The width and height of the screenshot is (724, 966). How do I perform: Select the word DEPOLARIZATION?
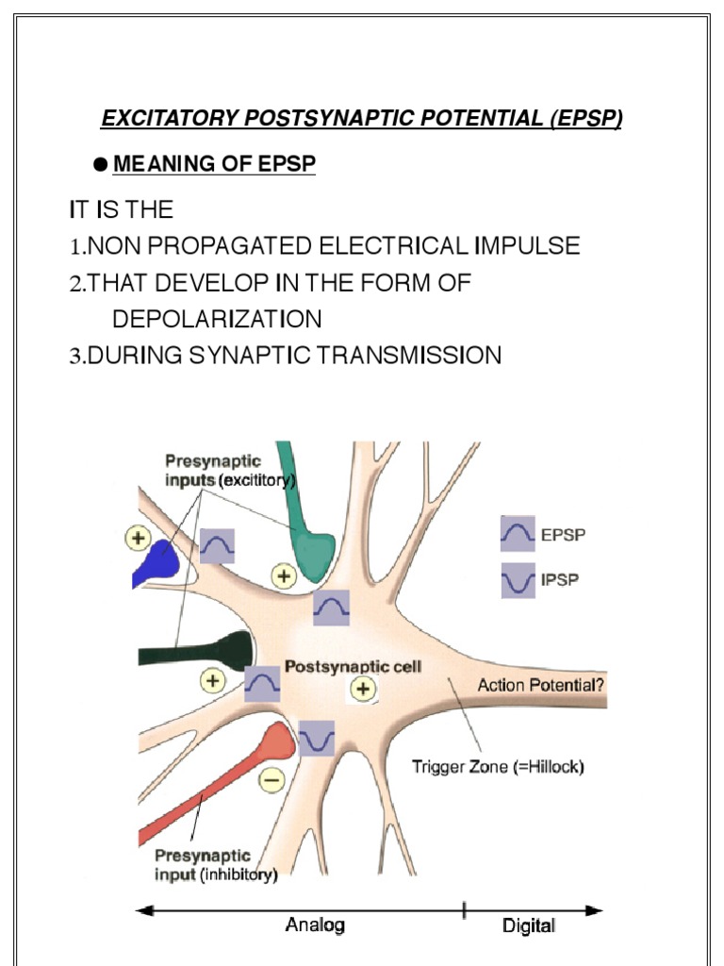click(217, 320)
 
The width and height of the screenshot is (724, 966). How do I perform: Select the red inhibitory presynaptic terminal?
click(277, 745)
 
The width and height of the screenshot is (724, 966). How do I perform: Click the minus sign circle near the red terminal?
click(271, 780)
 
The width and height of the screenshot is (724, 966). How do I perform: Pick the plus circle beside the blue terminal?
click(140, 539)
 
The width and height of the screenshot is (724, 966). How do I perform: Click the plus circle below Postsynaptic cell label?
click(362, 690)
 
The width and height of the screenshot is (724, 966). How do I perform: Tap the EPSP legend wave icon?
click(518, 535)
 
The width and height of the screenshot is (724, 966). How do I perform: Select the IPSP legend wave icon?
click(518, 580)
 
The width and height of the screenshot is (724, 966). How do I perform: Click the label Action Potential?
click(541, 686)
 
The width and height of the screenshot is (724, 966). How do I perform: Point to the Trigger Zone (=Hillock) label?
click(498, 767)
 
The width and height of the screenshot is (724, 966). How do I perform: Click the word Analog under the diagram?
click(315, 925)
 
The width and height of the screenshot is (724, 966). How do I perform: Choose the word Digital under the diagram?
click(529, 926)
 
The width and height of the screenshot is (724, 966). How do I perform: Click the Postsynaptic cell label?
click(354, 666)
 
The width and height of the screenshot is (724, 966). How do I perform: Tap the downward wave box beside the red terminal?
click(317, 739)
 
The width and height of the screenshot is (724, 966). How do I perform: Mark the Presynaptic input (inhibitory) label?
click(216, 865)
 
